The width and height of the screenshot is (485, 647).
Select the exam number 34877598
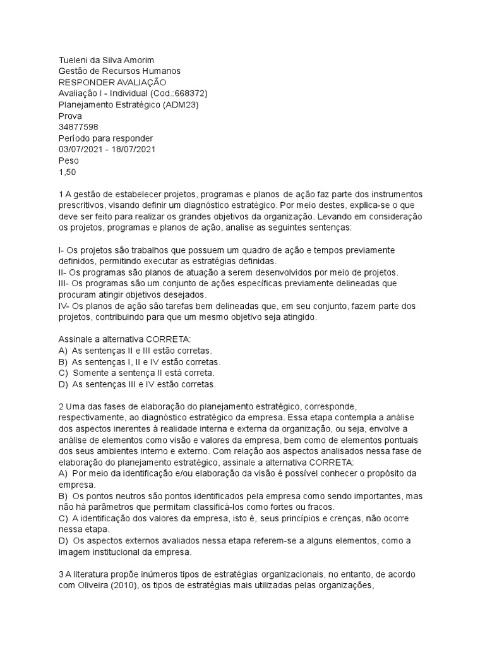[x=78, y=127]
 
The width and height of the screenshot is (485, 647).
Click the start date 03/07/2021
[x=80, y=150]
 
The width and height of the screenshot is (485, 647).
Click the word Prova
[x=70, y=116]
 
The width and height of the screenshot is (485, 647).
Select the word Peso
[x=69, y=161]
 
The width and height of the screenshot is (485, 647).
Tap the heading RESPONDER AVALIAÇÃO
[x=112, y=82]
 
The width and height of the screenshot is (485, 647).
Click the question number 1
[x=61, y=195]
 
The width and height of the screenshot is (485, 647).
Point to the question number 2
[x=61, y=406]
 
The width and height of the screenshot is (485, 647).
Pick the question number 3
[x=61, y=574]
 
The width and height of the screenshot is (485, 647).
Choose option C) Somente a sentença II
[x=63, y=373]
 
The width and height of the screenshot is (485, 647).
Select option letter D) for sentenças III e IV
[x=63, y=384]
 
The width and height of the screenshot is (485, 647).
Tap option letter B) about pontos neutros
[x=63, y=496]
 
